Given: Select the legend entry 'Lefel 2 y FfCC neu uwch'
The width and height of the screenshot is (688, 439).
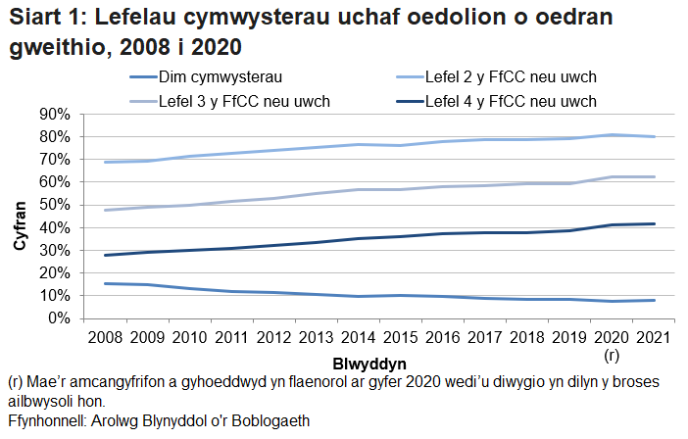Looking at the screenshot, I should (x=512, y=75).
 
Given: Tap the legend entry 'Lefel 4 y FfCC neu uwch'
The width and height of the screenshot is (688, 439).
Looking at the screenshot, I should (x=512, y=100).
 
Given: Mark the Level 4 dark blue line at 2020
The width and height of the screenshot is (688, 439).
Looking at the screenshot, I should (x=613, y=225).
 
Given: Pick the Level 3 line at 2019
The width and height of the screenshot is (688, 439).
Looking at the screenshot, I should (x=570, y=183).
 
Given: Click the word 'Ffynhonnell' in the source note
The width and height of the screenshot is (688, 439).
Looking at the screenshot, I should (x=45, y=421).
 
